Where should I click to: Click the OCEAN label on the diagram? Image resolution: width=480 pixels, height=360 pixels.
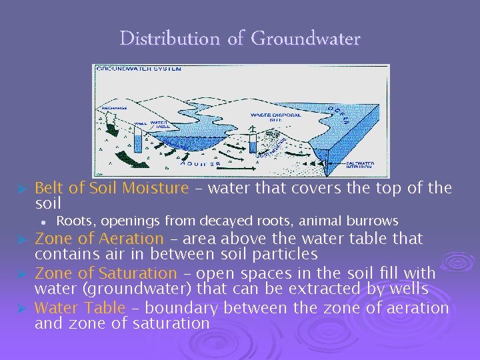click(343, 115)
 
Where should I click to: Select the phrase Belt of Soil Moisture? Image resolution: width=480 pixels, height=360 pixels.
click(111, 188)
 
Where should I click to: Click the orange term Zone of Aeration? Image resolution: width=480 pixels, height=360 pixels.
click(99, 239)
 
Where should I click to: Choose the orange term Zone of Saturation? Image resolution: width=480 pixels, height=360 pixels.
click(105, 273)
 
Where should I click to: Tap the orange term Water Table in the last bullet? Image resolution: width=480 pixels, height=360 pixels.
click(79, 307)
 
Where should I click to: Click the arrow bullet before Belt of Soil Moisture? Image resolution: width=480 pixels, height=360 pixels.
click(21, 189)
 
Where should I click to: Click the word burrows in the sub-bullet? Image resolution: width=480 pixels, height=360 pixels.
click(376, 221)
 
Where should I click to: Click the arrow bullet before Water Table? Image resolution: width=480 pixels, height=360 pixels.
click(21, 308)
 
